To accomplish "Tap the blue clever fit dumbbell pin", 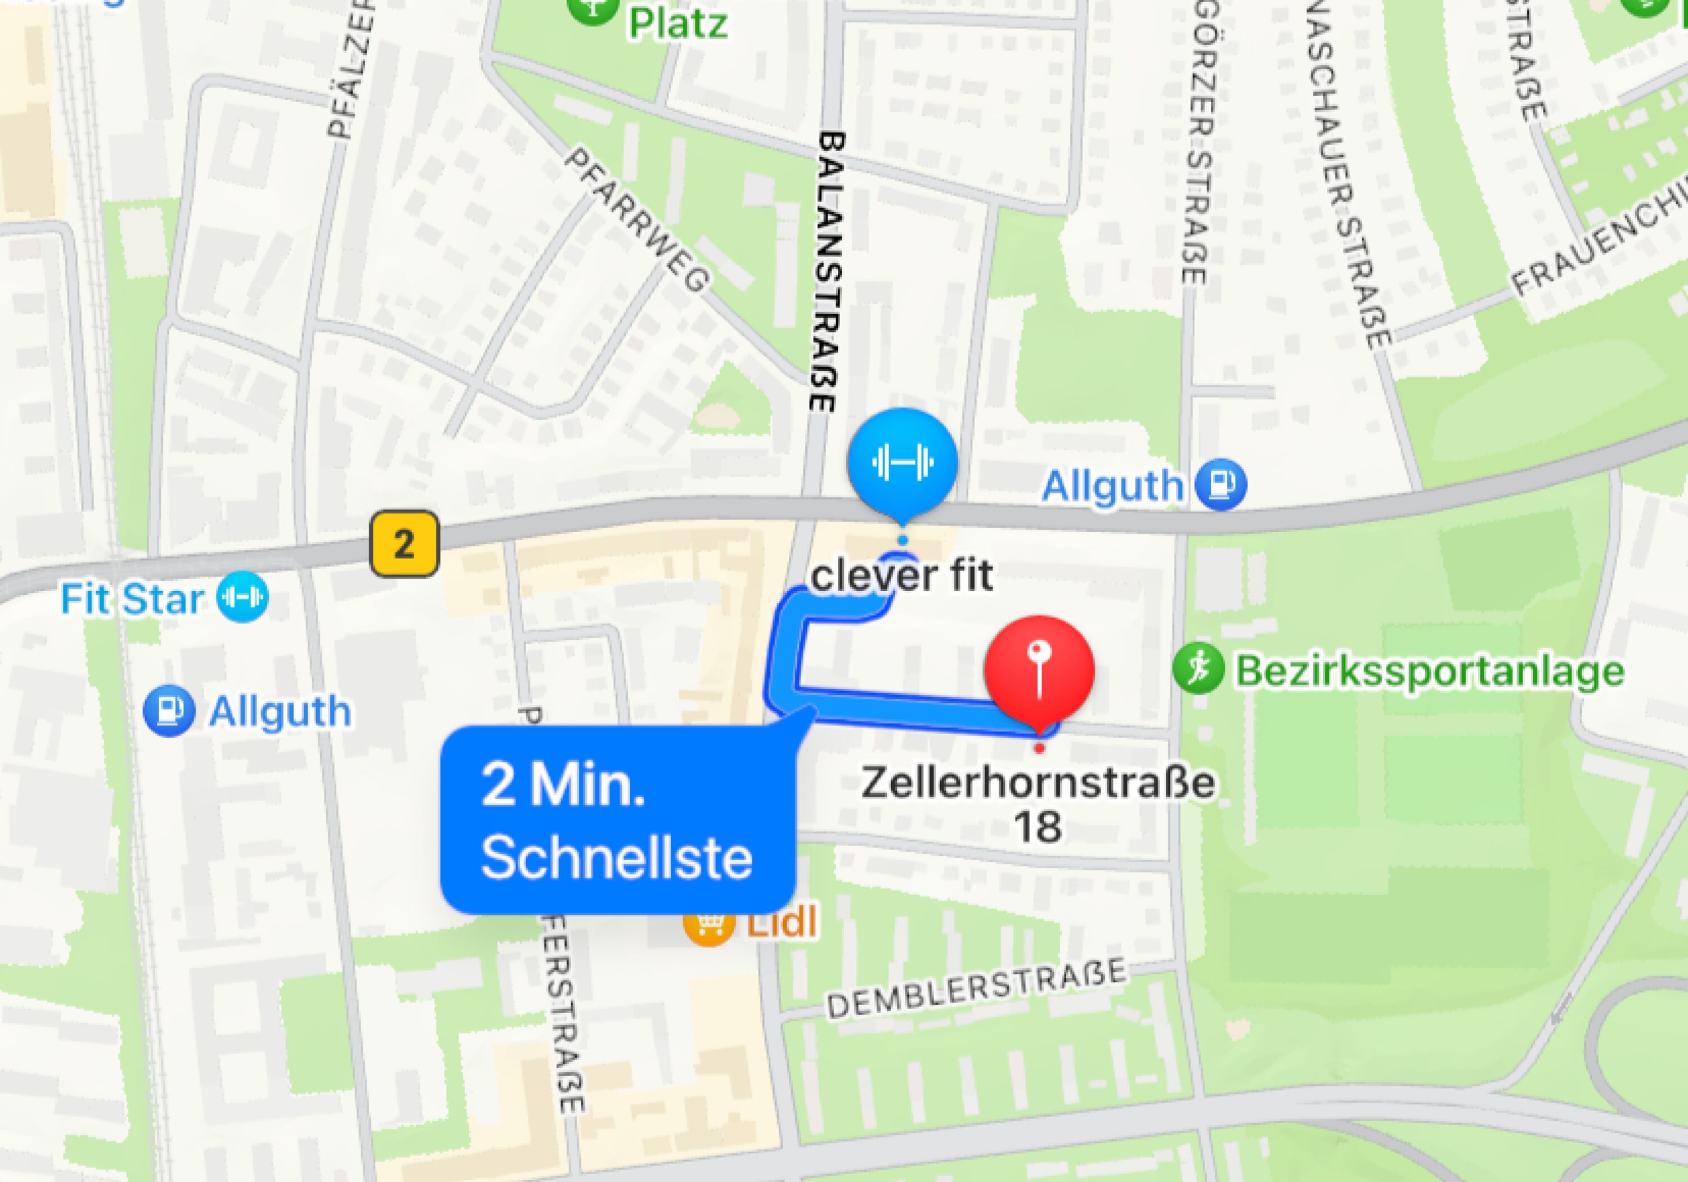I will pos(902,462).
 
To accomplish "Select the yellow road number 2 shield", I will pos(403,545).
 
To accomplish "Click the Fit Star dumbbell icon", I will pos(243,597).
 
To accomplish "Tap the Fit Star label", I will pos(132,599).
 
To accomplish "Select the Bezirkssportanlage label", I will pos(1429,671).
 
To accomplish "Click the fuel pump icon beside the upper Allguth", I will pos(1220,484).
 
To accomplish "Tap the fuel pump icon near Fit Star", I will pos(169,711).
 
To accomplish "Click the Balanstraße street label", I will pos(829,272).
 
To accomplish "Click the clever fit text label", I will pos(901,575).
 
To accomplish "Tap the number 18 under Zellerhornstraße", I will pos(1038,826).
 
